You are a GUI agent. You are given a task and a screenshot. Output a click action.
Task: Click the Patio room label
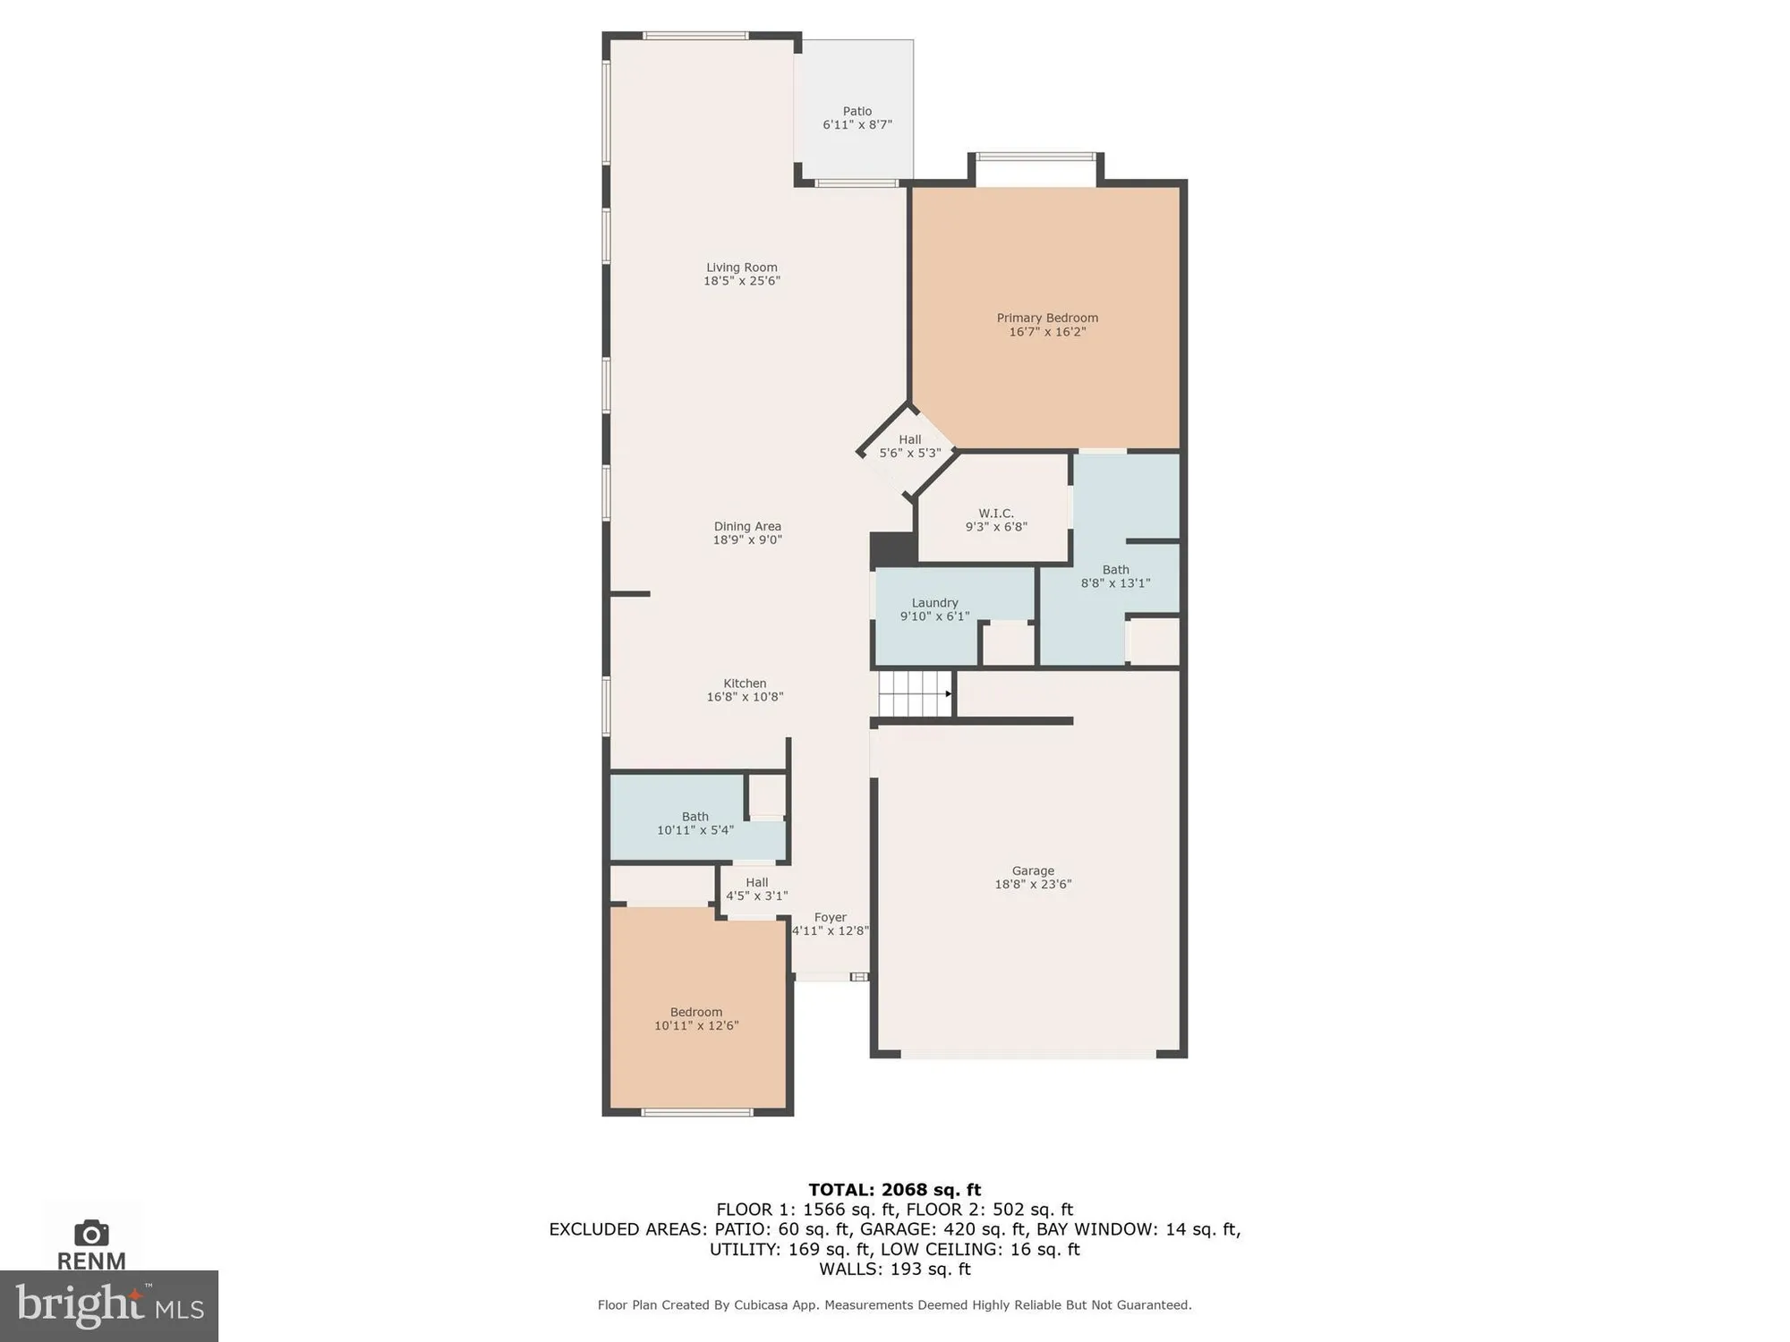tap(857, 112)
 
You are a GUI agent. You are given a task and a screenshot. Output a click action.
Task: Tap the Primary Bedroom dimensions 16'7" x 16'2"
tap(1047, 332)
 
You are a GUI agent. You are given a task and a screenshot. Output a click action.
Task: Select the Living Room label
tap(741, 268)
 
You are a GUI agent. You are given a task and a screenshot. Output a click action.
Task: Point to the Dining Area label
tap(747, 527)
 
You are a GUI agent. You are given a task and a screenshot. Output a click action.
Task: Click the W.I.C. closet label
tap(995, 514)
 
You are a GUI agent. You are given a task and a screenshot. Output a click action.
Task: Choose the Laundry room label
tap(934, 603)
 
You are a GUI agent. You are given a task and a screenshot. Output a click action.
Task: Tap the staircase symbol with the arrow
tap(915, 694)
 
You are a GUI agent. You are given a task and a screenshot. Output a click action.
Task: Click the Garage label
tap(1033, 871)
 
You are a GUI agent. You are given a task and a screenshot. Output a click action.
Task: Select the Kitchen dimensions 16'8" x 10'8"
tap(745, 697)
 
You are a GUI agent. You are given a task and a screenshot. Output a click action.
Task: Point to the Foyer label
tap(830, 918)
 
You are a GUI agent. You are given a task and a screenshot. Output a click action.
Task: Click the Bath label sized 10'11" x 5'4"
tap(695, 817)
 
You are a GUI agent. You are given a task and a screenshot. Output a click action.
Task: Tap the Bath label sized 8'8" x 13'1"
tap(1115, 570)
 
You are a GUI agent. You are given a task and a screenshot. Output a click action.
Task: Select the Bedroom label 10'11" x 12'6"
tap(695, 1013)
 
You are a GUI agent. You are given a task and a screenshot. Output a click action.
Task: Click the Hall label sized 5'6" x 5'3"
tap(909, 440)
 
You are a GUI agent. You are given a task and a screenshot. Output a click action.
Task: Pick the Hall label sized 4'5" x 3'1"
tap(756, 883)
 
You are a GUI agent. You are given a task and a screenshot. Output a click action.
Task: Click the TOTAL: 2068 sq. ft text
tap(894, 1190)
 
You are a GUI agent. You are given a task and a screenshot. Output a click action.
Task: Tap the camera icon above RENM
tap(91, 1234)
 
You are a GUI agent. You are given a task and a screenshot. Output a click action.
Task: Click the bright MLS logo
tap(109, 1306)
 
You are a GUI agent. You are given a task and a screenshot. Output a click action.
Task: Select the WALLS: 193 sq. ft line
tap(894, 1269)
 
